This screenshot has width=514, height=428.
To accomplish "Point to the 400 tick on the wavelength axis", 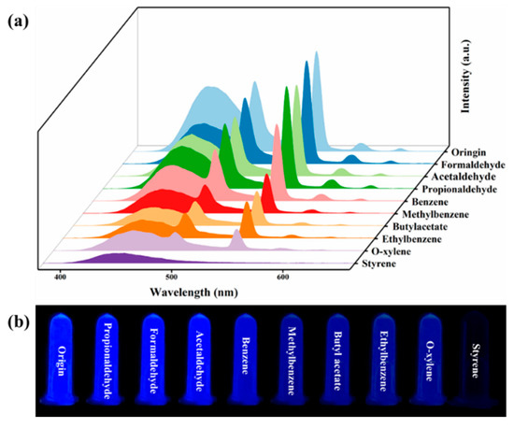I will (x=60, y=277).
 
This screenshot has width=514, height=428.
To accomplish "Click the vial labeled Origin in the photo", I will (x=61, y=360).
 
